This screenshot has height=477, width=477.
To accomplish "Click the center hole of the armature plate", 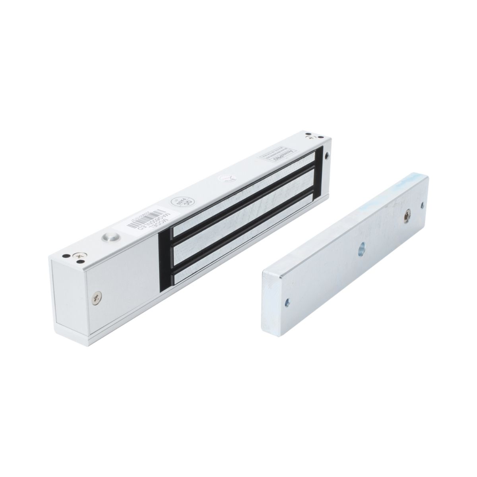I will [362, 250].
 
